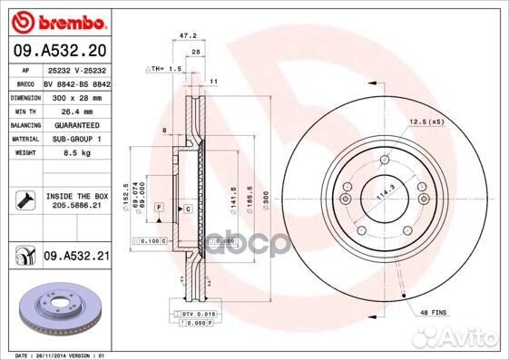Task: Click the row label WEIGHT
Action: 24,153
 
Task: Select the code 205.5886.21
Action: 76,206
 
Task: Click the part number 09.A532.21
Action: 76,258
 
